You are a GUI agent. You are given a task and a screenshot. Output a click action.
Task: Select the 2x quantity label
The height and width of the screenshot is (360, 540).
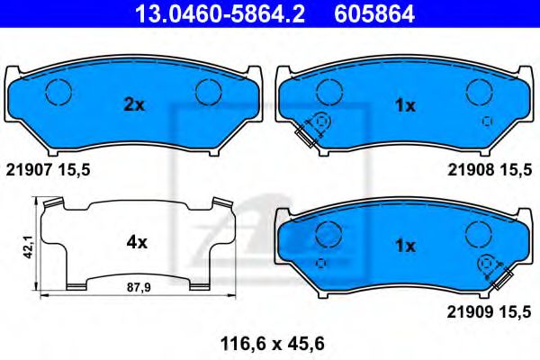pyautogui.click(x=133, y=105)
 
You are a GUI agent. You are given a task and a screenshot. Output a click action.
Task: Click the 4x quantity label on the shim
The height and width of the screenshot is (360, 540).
pyautogui.click(x=137, y=241)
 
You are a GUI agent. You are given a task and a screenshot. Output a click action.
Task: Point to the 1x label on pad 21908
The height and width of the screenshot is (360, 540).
pyautogui.click(x=405, y=105)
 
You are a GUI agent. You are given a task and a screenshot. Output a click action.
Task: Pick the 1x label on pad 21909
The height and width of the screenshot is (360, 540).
pyautogui.click(x=405, y=245)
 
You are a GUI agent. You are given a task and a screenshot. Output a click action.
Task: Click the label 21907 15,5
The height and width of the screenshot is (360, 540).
pyautogui.click(x=49, y=169)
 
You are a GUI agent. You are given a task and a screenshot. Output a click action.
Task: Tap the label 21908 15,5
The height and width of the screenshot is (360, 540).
pyautogui.click(x=490, y=169)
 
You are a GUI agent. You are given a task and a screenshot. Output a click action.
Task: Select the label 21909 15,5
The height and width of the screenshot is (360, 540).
pyautogui.click(x=490, y=312)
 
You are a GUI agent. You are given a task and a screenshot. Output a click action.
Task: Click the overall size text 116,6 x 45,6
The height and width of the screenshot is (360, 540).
pyautogui.click(x=269, y=342)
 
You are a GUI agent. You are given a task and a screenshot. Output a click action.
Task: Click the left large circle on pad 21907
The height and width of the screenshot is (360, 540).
pyautogui.click(x=58, y=92)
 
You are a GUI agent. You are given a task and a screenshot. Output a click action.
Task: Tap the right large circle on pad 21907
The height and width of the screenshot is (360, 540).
pyautogui.click(x=209, y=92)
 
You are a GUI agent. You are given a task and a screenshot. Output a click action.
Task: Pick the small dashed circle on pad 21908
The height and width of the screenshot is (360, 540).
pyautogui.click(x=487, y=121)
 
